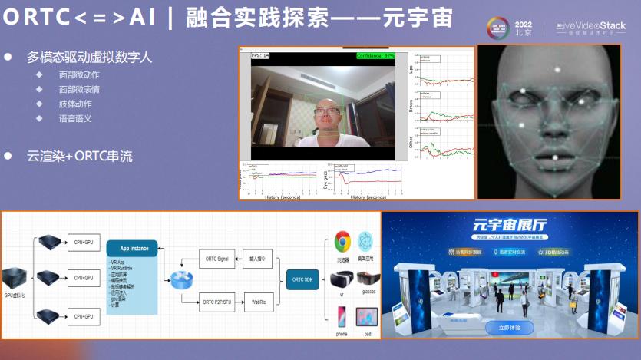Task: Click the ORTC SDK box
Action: click(303, 278)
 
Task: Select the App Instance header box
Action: click(134, 249)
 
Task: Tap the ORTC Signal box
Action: click(217, 259)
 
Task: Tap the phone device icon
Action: click(342, 316)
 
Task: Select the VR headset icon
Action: click(342, 279)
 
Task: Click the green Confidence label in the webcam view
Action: click(375, 56)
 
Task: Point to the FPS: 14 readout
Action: click(260, 56)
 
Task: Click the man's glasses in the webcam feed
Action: click(326, 112)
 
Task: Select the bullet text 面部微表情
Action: click(79, 90)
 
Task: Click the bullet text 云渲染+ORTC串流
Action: click(80, 156)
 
